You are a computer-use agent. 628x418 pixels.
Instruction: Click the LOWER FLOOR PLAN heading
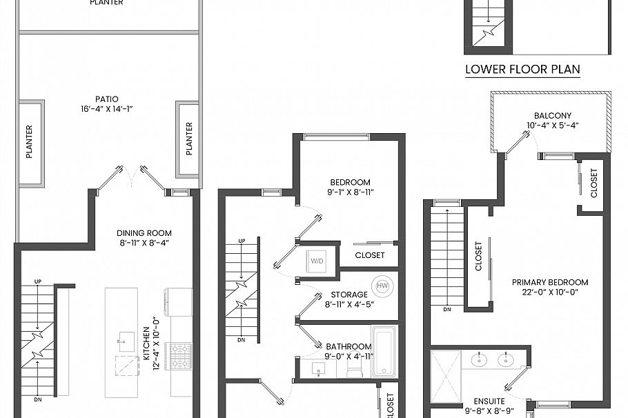[522, 69]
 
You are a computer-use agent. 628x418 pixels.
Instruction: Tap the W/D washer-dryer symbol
[318, 261]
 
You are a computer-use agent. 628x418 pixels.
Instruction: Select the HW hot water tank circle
[382, 286]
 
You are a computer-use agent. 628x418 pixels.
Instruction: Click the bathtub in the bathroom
[384, 352]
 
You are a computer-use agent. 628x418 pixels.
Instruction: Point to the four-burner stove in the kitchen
[181, 357]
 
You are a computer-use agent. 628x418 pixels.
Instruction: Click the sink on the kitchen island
[126, 338]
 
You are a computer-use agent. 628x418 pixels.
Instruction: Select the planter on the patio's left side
[30, 143]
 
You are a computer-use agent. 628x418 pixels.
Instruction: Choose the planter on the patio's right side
[188, 139]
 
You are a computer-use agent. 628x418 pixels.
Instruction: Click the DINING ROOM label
[144, 233]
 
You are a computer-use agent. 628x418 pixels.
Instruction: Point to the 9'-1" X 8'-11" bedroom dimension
[350, 193]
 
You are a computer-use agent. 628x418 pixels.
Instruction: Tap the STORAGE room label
[340, 295]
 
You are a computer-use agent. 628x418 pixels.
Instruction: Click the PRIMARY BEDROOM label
[549, 282]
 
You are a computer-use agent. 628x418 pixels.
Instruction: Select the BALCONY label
[552, 116]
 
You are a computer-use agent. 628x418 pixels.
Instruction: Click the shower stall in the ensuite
[445, 376]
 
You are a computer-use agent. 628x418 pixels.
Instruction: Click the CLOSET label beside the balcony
[594, 184]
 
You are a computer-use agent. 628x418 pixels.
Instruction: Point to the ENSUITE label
[489, 401]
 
